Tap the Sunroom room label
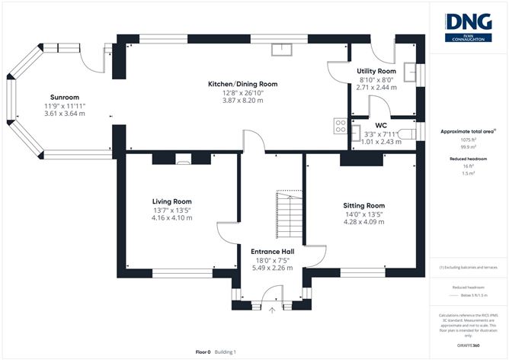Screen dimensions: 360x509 point(65,98)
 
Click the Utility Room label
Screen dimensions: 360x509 point(376,71)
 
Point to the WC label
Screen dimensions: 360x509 point(381,125)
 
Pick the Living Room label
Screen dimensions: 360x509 point(171,201)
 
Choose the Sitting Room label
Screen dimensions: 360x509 point(364,206)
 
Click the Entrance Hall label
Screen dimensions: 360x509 point(273,250)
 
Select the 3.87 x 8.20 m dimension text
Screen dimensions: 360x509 point(243,101)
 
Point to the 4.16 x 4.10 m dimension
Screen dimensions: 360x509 point(171,218)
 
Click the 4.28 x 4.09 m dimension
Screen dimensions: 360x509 point(364,223)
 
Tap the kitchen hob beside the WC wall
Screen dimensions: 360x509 point(338,127)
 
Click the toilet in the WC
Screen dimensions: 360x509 point(410,134)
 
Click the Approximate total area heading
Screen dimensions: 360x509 point(466,131)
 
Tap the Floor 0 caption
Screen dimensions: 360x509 point(203,352)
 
